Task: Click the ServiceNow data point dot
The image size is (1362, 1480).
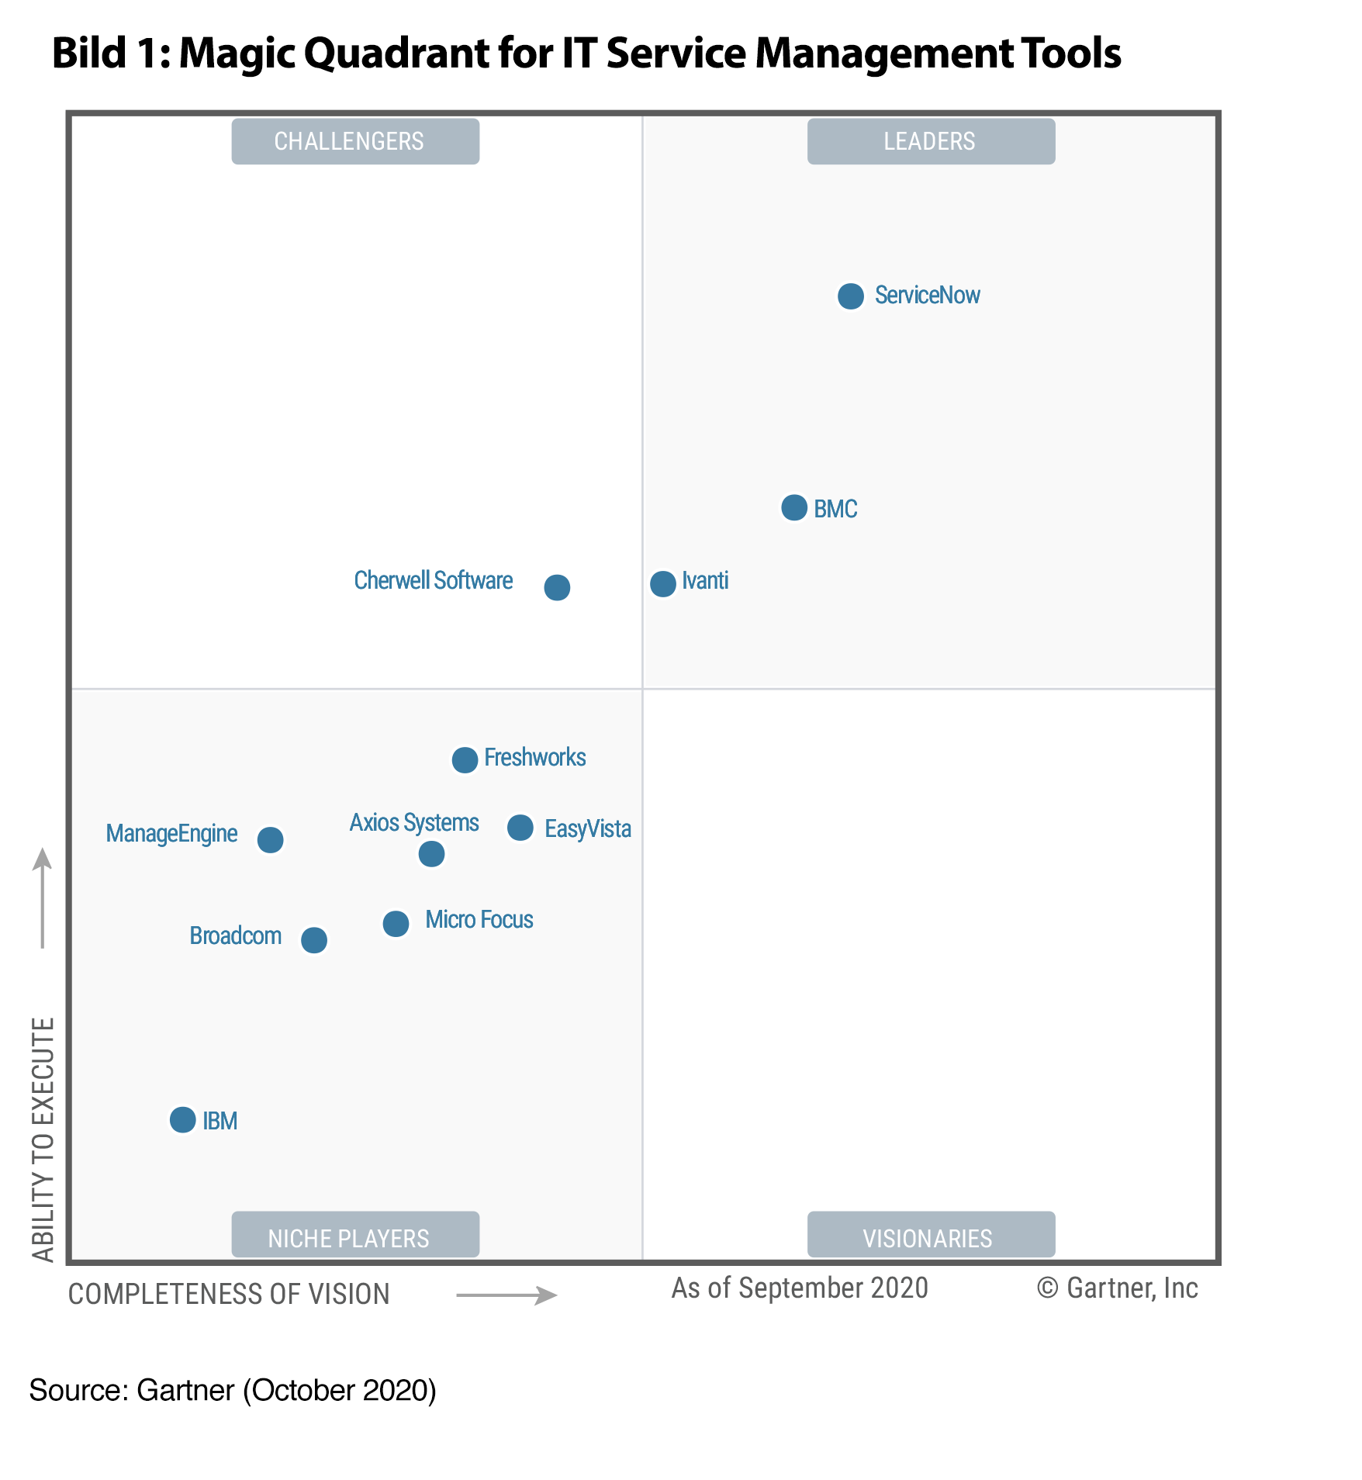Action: point(851,296)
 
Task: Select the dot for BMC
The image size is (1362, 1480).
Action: point(794,508)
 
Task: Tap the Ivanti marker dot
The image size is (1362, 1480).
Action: point(663,583)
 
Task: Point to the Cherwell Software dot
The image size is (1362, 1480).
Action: point(557,587)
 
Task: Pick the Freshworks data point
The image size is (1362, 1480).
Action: point(465,759)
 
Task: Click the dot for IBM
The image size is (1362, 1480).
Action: point(182,1120)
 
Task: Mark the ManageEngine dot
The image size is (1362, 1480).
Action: point(270,839)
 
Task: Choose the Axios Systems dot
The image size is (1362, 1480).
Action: point(431,854)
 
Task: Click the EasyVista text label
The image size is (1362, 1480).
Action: point(587,829)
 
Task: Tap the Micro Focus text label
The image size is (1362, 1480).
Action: point(479,920)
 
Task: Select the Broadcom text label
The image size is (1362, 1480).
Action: point(235,936)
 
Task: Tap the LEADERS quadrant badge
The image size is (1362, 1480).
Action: point(931,141)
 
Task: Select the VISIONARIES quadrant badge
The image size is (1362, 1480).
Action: point(931,1237)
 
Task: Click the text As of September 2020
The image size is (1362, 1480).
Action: point(800,1288)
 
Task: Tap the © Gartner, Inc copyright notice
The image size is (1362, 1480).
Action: point(1117,1288)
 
